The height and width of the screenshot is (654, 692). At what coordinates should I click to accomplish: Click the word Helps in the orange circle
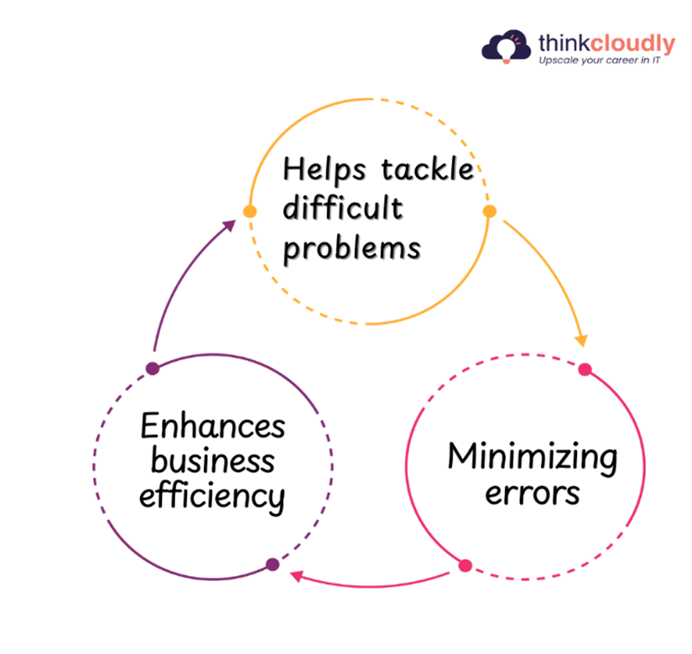tap(325, 170)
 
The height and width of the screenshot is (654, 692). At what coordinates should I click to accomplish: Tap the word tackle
tap(427, 169)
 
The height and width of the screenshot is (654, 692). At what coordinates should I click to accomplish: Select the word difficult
tap(343, 207)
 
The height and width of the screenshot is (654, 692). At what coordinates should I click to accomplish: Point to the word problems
tap(351, 249)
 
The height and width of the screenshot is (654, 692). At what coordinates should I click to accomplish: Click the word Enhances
tap(213, 425)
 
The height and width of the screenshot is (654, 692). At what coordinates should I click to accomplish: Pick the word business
tap(213, 460)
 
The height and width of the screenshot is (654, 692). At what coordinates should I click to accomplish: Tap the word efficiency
tap(212, 497)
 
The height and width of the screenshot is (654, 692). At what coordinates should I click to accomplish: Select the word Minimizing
tap(533, 458)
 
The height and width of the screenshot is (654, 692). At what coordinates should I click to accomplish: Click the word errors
tap(533, 493)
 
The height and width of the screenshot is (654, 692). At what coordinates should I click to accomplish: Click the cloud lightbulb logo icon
tap(506, 46)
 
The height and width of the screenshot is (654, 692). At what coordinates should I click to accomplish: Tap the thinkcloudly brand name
tap(606, 44)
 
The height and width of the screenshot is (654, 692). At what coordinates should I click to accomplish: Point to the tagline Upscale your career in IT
tap(600, 60)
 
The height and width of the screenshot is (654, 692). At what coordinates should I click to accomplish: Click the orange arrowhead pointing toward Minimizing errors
tap(582, 340)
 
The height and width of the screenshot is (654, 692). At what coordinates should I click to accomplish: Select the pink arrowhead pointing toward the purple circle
tap(297, 575)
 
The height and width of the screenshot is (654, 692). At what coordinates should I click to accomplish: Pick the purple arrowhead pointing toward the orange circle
tap(229, 226)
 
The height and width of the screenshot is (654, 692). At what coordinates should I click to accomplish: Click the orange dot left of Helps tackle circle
tap(250, 211)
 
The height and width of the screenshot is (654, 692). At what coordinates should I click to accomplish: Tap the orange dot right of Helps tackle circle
tap(489, 211)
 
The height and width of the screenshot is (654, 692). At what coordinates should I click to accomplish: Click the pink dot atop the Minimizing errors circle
tap(585, 370)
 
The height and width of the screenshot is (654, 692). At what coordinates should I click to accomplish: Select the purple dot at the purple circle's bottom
tap(273, 564)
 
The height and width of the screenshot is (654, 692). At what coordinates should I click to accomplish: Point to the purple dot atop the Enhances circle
tap(153, 368)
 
